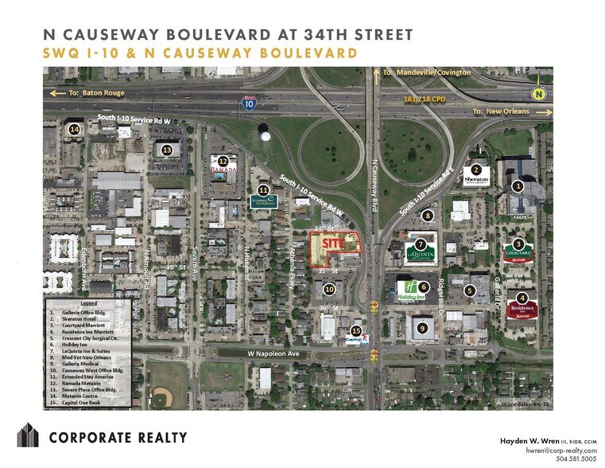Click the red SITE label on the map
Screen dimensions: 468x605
[334, 246]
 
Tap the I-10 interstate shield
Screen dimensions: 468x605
[248, 103]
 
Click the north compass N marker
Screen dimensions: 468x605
[541, 93]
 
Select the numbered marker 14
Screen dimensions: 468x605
[75, 129]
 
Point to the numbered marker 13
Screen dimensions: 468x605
[167, 149]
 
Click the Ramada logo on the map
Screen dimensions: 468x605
[223, 170]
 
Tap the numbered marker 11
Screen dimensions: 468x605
[263, 189]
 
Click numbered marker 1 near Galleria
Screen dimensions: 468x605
[518, 186]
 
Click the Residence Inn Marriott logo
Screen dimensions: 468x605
[522, 310]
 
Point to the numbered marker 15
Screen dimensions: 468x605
[356, 330]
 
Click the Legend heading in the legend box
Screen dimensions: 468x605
[87, 304]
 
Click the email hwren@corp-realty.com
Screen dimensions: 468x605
[556, 450]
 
